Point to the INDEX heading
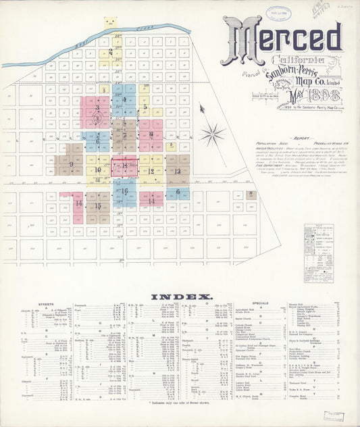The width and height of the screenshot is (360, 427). pos(182,297)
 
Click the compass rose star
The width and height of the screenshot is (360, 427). pos(211,132)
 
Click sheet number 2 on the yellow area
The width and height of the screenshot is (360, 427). pos(110,51)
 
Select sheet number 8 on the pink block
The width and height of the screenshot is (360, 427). pos(151,134)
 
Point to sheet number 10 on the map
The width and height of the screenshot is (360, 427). pos(98,170)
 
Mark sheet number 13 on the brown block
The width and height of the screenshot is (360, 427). pos(178,172)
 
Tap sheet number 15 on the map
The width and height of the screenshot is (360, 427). pos(98,206)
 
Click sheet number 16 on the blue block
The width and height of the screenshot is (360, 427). pos(125,191)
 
